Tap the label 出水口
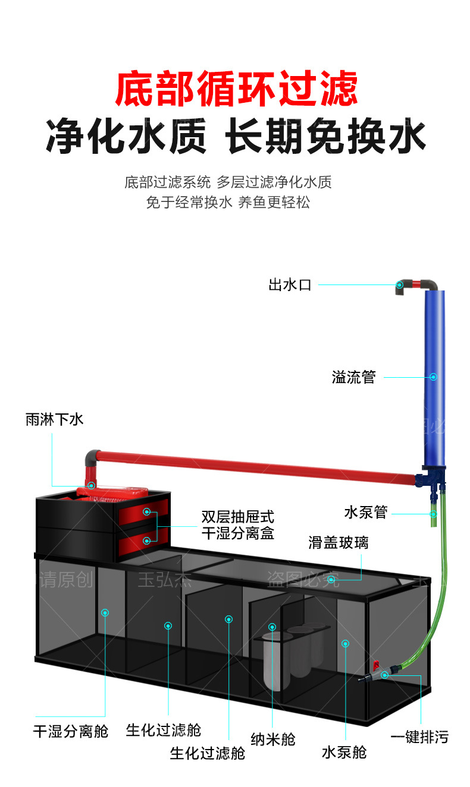click(290, 285)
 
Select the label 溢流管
click(353, 377)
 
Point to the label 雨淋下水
click(54, 420)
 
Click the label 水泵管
click(365, 512)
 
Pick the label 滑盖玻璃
click(338, 542)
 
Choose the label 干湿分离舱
click(70, 731)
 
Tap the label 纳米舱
click(272, 739)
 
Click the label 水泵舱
click(344, 753)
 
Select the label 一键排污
click(419, 738)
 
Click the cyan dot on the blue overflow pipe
click(433, 377)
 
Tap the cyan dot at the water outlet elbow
click(400, 285)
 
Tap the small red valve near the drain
click(375, 663)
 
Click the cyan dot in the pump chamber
click(344, 643)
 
